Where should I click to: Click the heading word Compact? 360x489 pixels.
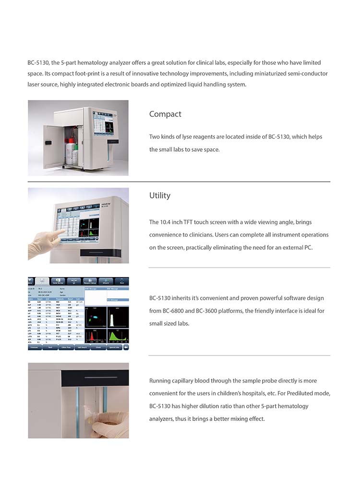tap(165, 114)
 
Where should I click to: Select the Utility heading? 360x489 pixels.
tap(159, 196)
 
